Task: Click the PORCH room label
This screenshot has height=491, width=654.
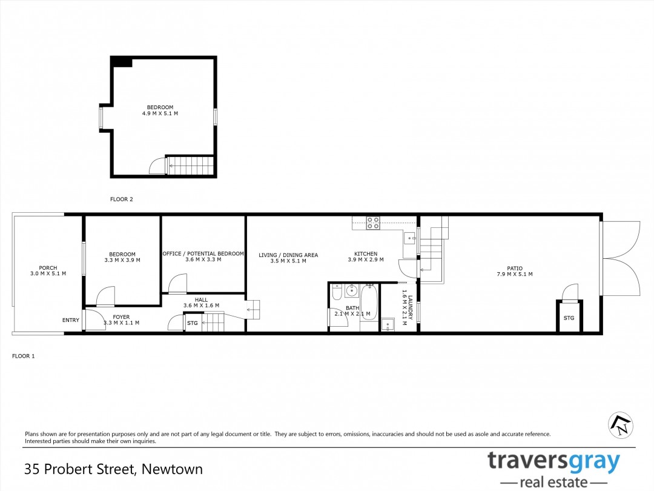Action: pyautogui.click(x=48, y=268)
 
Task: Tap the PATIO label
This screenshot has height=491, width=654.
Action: pyautogui.click(x=515, y=269)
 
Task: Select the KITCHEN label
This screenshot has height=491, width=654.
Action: pyautogui.click(x=366, y=254)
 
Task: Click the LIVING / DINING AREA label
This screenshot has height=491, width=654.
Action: pyautogui.click(x=288, y=255)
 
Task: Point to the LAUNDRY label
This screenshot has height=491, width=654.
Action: pyautogui.click(x=410, y=308)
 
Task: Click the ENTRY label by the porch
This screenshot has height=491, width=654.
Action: pyautogui.click(x=70, y=320)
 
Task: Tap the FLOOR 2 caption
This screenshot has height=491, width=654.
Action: pyautogui.click(x=121, y=199)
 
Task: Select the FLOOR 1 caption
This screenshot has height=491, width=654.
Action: pyautogui.click(x=24, y=356)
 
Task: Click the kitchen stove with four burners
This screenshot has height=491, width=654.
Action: pyautogui.click(x=373, y=223)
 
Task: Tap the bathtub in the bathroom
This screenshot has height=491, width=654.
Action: pyautogui.click(x=369, y=302)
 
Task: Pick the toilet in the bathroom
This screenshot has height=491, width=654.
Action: pyautogui.click(x=337, y=292)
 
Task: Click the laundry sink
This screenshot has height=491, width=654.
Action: pyautogui.click(x=388, y=324)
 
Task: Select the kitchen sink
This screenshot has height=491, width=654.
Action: pyautogui.click(x=409, y=238)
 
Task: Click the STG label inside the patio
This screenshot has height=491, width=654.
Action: pyautogui.click(x=569, y=318)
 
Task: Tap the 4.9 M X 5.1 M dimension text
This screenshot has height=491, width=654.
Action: pyautogui.click(x=160, y=113)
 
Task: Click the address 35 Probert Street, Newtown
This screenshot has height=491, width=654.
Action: pyautogui.click(x=113, y=469)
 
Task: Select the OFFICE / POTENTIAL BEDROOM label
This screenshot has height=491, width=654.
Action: pyautogui.click(x=203, y=254)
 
